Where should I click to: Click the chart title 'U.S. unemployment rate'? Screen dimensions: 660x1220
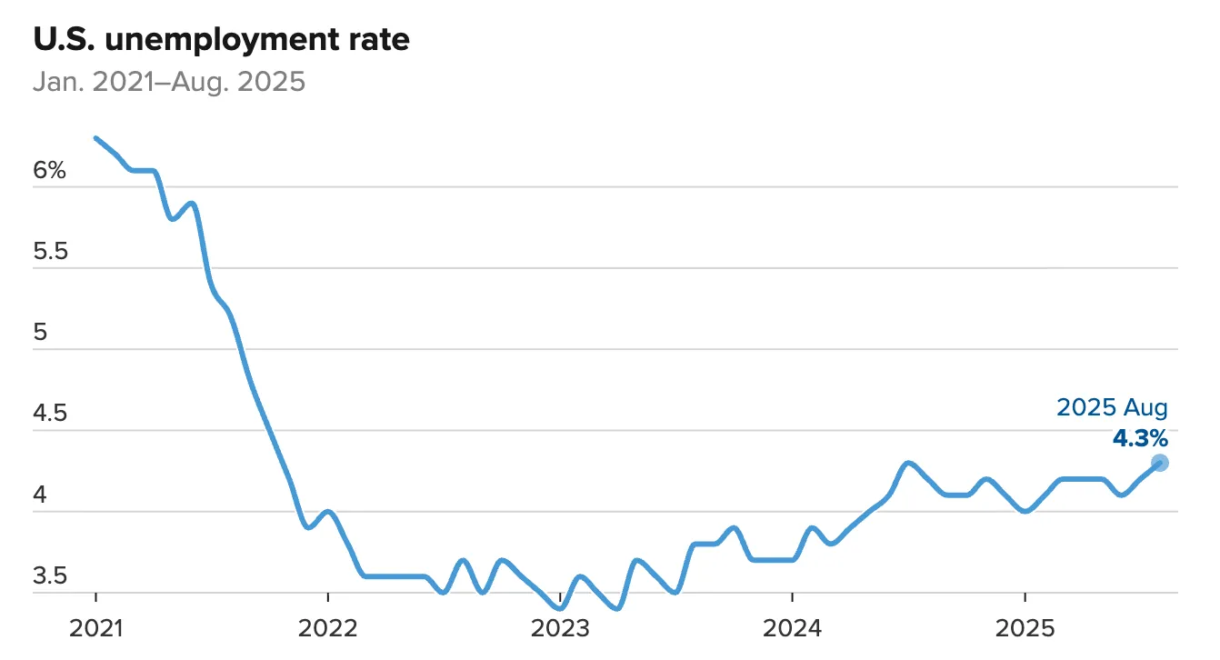pos(221,40)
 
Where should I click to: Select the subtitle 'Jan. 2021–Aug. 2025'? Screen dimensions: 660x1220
pos(169,82)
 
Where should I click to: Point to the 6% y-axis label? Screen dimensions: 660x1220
pos(50,170)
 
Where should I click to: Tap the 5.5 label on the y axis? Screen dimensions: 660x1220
pos(50,252)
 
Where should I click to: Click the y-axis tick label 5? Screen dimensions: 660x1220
pos(41,333)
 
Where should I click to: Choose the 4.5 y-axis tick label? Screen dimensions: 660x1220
pos(50,415)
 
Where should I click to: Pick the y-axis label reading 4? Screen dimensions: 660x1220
pos(41,495)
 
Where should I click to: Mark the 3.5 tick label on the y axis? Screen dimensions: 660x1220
pos(50,576)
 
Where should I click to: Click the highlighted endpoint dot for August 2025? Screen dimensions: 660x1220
pos(1160,463)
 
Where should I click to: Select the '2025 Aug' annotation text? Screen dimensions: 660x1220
pos(1112,407)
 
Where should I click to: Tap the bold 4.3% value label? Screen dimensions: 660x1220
pos(1140,438)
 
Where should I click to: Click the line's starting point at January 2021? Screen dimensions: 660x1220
pos(96,138)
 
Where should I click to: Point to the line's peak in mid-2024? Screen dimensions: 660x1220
pos(907,463)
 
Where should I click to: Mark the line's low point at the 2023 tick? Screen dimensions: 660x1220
pos(561,608)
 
